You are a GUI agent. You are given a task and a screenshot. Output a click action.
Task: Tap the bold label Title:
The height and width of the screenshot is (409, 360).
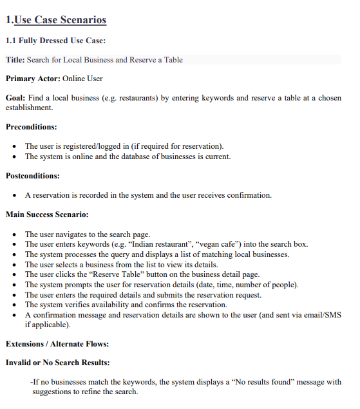pyautogui.click(x=15, y=60)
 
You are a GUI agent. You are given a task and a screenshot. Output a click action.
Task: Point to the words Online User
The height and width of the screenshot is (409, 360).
pyautogui.click(x=82, y=79)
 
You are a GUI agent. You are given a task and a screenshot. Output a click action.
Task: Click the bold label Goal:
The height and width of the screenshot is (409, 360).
pyautogui.click(x=15, y=98)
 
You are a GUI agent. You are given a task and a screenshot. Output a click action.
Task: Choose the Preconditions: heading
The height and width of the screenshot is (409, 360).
pyautogui.click(x=31, y=127)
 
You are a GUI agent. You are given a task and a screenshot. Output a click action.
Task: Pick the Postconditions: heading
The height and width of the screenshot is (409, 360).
pyautogui.click(x=32, y=175)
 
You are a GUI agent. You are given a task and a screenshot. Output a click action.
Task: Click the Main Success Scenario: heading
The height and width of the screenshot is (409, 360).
pyautogui.click(x=47, y=214)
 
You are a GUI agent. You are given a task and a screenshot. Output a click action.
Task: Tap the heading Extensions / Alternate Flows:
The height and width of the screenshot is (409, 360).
pyautogui.click(x=57, y=343)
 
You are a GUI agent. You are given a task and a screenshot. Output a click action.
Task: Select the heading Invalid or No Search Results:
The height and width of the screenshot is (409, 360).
pyautogui.click(x=57, y=363)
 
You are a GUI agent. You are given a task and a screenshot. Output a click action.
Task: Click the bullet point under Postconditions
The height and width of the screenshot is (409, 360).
pyautogui.click(x=15, y=195)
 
